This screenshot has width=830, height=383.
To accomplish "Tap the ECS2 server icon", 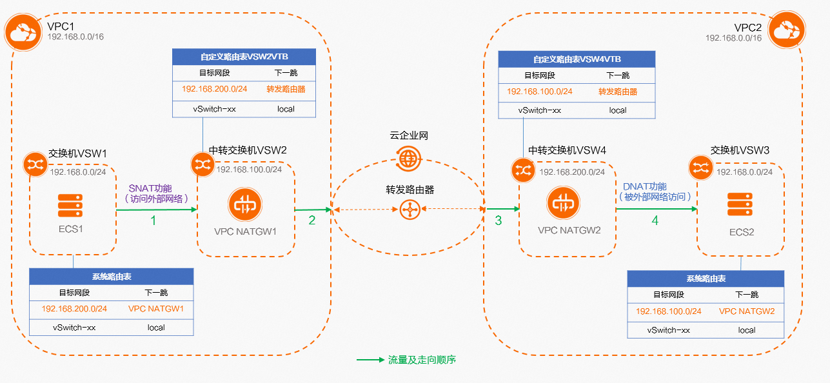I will [741, 204].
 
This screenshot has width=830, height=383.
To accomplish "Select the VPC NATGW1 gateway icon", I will [244, 206].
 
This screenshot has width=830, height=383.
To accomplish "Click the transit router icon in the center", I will [407, 209].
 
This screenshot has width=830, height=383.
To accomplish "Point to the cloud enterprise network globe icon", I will [408, 157].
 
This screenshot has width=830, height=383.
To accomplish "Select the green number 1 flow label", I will [153, 220].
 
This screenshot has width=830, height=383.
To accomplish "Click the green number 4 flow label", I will [655, 220].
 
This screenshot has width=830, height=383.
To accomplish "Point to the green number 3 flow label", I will [498, 220].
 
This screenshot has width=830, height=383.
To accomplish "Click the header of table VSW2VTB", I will [244, 56].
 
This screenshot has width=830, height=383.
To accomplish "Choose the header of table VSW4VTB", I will [577, 59].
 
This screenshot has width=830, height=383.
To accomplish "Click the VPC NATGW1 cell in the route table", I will [156, 309].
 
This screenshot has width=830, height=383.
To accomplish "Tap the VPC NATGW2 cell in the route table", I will [747, 311].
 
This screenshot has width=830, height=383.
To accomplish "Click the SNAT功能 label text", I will [151, 188].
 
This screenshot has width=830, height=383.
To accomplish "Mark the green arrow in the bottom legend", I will [370, 360].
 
